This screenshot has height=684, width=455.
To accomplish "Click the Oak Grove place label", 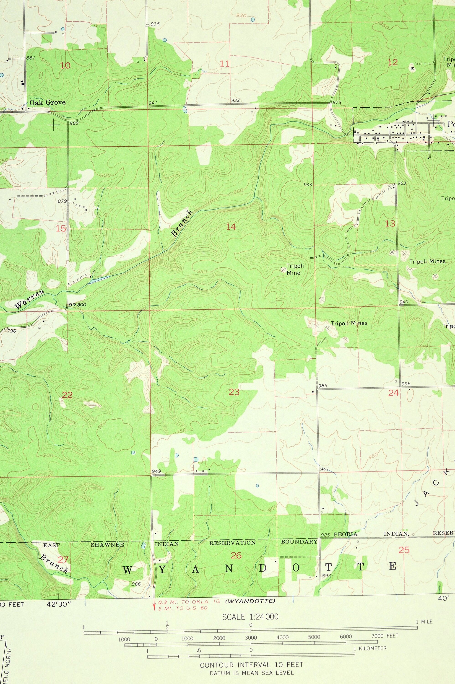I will click(47, 102).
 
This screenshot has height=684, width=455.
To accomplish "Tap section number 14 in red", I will click(231, 227).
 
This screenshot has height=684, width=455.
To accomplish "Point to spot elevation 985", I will click(323, 386).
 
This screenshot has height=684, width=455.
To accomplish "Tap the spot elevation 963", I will click(402, 183).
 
